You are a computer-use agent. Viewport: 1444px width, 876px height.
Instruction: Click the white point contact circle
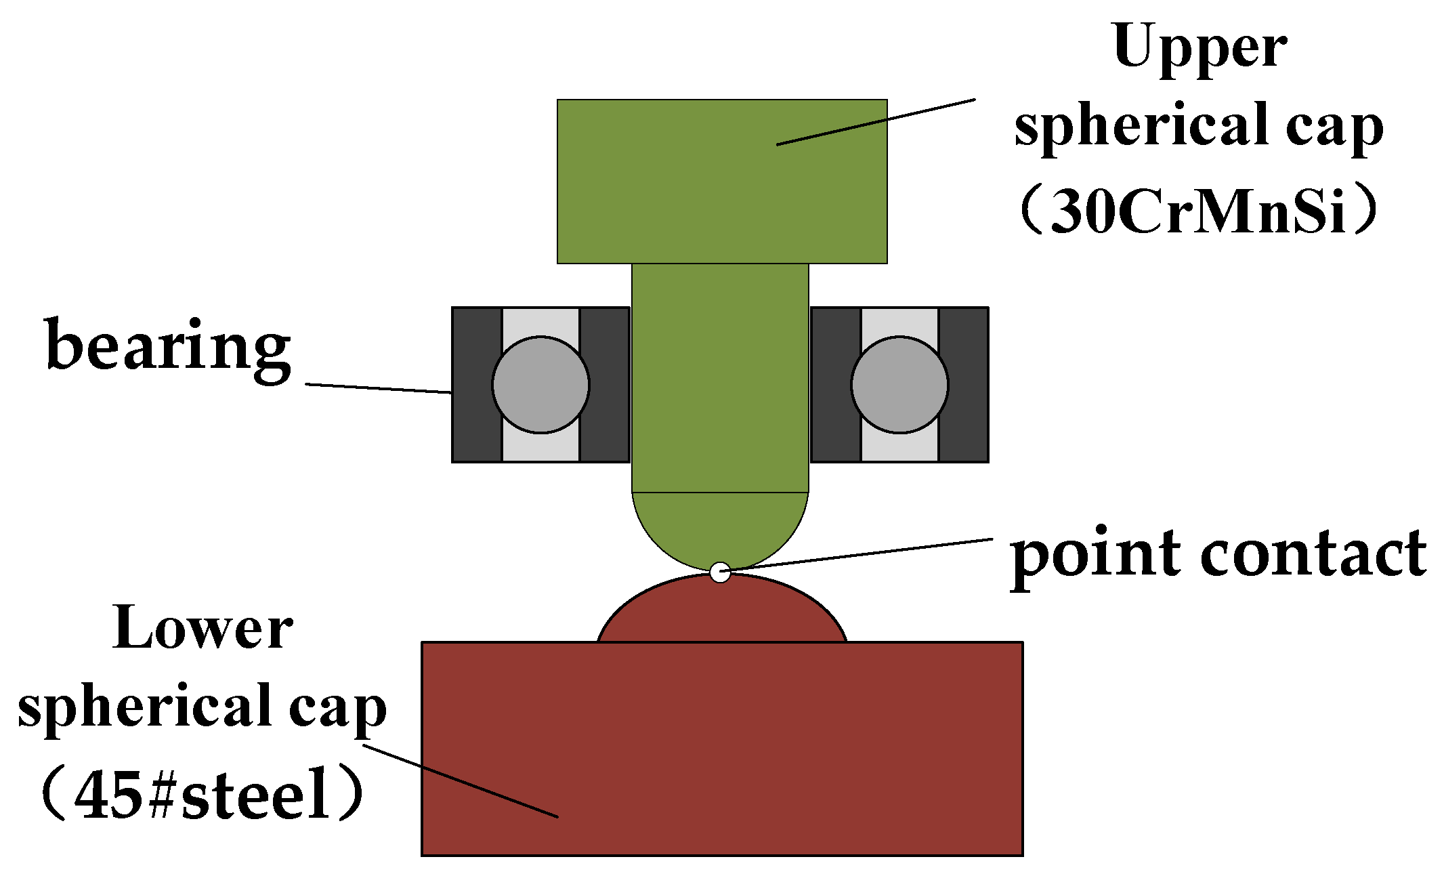720,572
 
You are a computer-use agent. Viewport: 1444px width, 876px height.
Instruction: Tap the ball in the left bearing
540,385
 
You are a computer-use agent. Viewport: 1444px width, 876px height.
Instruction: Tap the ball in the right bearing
899,385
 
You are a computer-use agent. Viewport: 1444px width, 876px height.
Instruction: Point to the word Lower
203,629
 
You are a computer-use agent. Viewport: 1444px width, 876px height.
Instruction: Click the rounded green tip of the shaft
720,528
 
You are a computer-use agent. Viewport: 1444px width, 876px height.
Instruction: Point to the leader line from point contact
860,553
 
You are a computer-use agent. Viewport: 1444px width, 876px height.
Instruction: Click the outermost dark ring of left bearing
476,385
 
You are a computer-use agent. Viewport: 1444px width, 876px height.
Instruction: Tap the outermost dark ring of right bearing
964,385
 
